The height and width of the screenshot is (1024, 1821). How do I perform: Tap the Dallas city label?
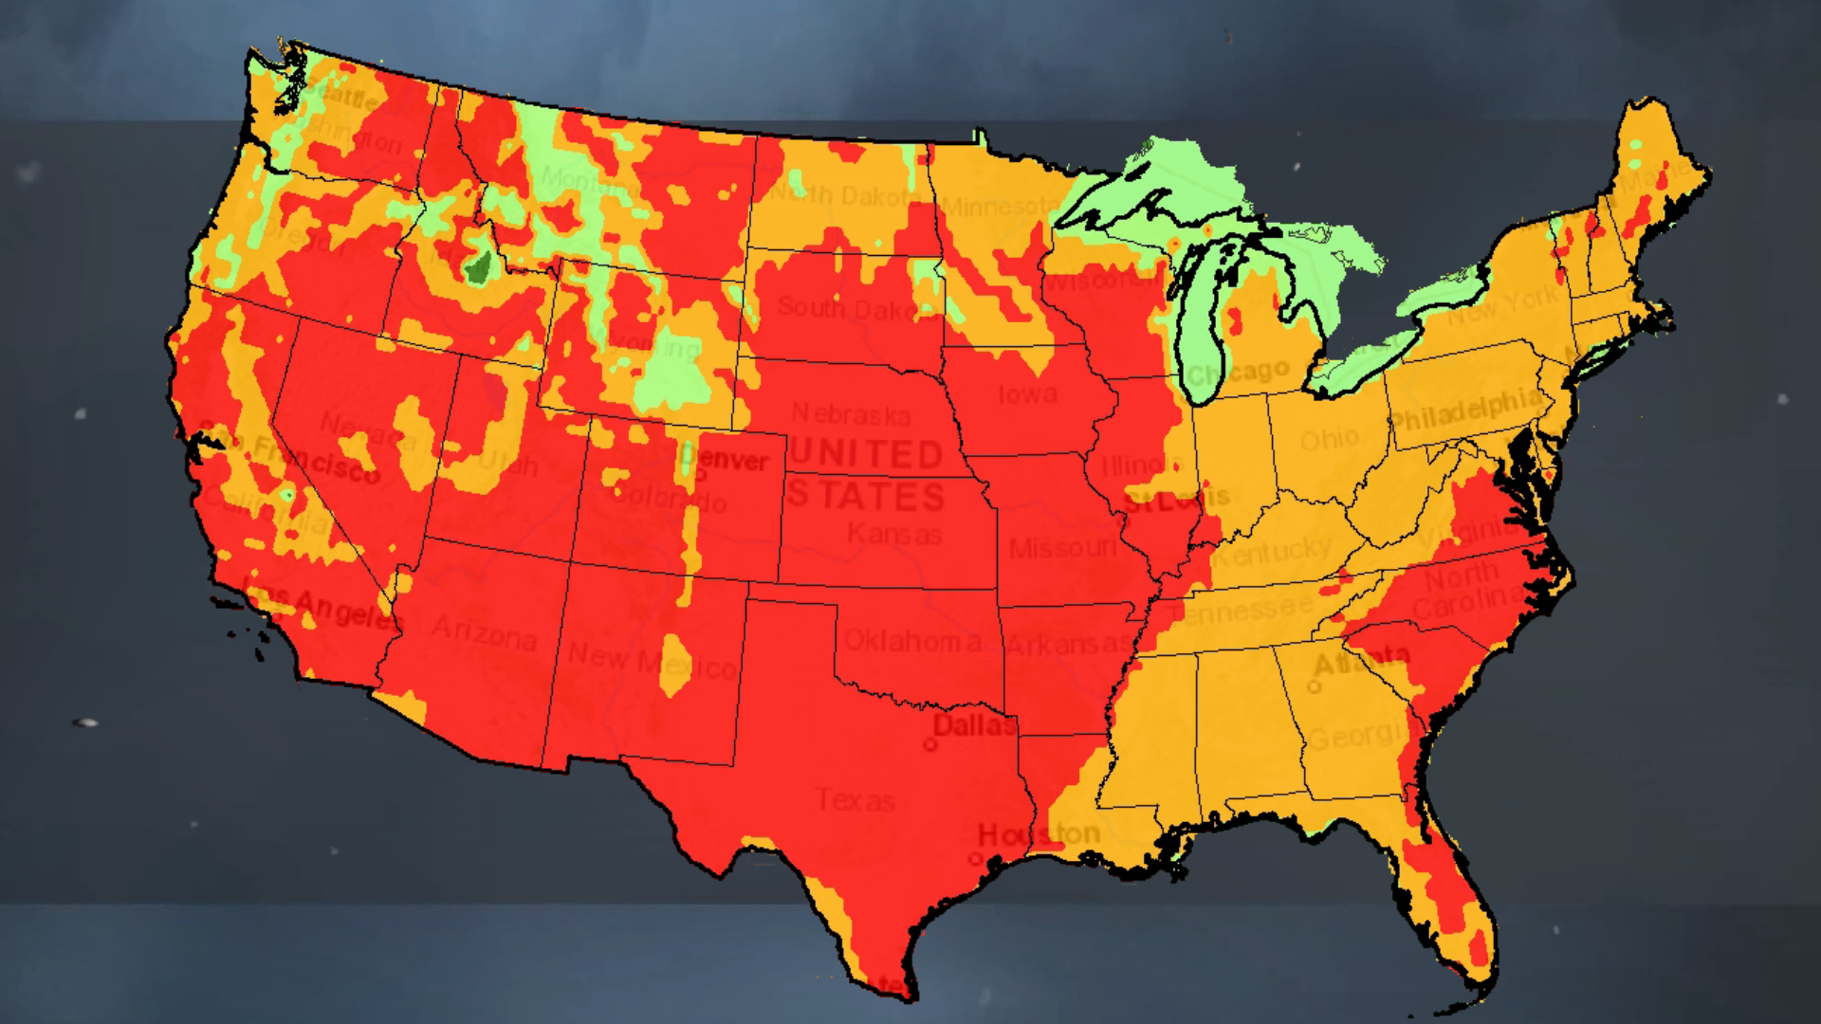[x=973, y=726]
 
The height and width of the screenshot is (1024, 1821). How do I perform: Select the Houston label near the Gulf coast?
[x=1039, y=835]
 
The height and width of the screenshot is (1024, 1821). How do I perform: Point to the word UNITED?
[x=865, y=455]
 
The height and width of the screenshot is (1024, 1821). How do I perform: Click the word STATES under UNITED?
[x=865, y=496]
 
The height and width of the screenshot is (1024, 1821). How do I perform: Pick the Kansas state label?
[x=893, y=535]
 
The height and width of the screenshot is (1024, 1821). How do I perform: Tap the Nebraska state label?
[x=851, y=414]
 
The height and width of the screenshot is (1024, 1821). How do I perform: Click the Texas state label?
[x=855, y=801]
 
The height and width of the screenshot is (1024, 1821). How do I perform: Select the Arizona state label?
[x=485, y=632]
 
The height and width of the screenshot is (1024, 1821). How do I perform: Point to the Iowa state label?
[x=1026, y=393]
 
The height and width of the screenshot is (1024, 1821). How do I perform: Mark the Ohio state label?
[x=1330, y=439]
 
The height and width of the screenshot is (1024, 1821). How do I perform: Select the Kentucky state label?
[x=1271, y=551]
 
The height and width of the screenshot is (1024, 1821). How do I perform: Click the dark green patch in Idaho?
[x=478, y=268]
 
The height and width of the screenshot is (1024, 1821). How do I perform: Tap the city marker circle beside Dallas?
[x=930, y=745]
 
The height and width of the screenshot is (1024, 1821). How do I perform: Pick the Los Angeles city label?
[x=322, y=607]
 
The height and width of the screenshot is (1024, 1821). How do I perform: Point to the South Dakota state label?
[x=849, y=309]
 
